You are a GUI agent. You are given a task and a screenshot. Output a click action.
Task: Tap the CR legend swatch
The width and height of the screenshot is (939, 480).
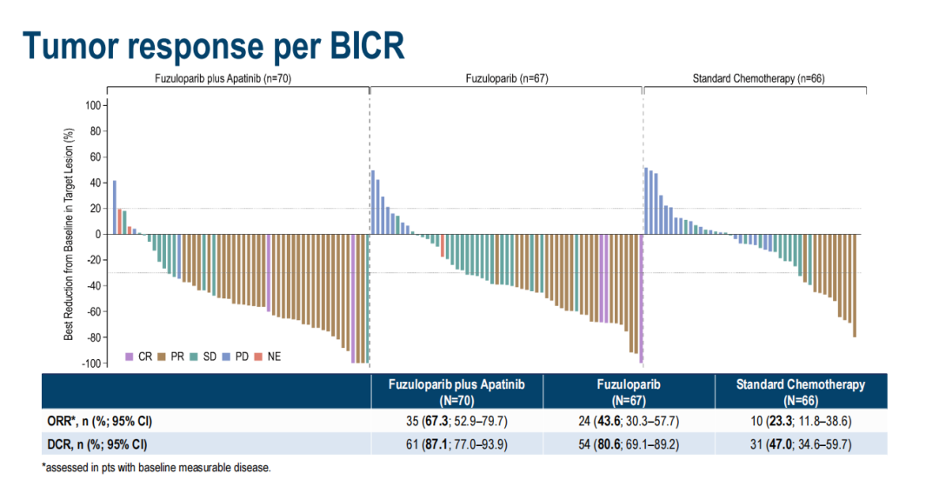(130, 357)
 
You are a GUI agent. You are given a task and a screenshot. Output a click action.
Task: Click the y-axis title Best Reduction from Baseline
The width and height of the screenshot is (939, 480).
(70, 233)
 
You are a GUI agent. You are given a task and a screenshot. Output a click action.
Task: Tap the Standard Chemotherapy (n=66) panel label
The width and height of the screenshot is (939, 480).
(758, 78)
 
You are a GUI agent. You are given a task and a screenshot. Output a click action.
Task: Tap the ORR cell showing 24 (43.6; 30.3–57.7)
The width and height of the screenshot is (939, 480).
(629, 422)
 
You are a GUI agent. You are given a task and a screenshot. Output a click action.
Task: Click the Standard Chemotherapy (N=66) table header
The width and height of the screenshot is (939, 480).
(801, 392)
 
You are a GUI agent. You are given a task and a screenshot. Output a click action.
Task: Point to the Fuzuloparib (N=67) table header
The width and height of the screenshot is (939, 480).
(629, 392)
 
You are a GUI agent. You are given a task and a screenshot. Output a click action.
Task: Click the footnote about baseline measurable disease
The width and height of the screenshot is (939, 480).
(156, 468)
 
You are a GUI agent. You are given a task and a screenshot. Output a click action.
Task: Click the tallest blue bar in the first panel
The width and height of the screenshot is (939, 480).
(114, 207)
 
